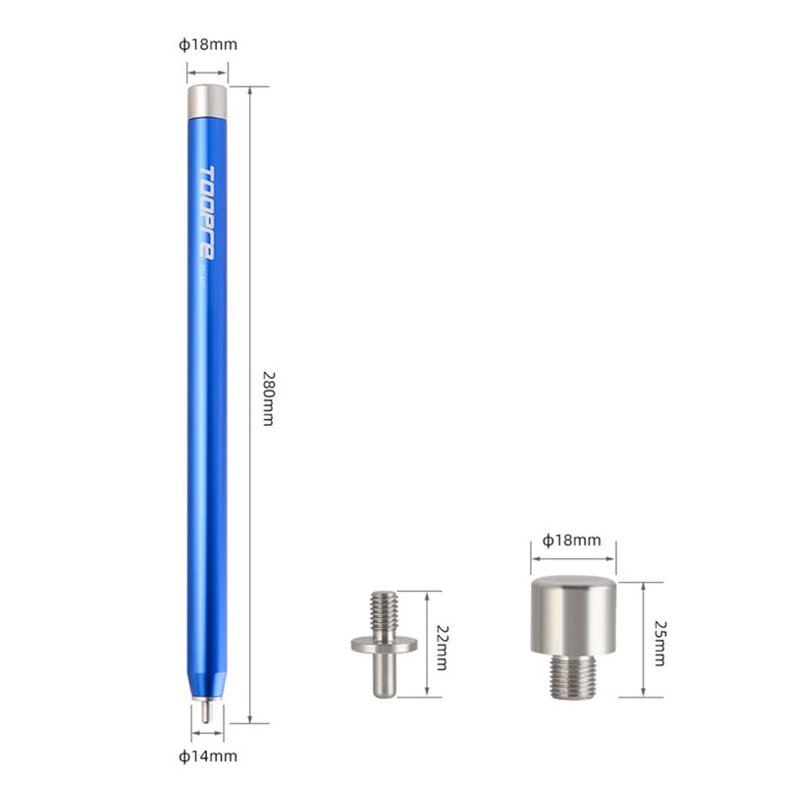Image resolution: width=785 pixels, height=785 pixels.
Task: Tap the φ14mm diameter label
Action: pos(207,756)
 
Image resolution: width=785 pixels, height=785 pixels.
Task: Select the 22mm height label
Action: pos(441,646)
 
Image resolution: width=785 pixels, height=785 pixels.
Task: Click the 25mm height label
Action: pos(659,641)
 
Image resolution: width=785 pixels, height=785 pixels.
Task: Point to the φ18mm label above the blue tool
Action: pos(207,44)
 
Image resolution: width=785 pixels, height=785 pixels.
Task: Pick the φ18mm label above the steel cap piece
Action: pos(573,540)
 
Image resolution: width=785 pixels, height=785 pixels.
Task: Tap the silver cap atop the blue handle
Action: pos(207,100)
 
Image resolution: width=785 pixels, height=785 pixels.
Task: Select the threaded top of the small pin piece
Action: pos(384,611)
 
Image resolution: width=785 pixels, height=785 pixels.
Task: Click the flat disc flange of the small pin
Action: pos(384,644)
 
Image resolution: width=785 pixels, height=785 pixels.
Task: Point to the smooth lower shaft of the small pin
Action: pos(384,674)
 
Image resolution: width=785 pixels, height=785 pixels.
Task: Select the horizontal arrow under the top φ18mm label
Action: pos(207,71)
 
